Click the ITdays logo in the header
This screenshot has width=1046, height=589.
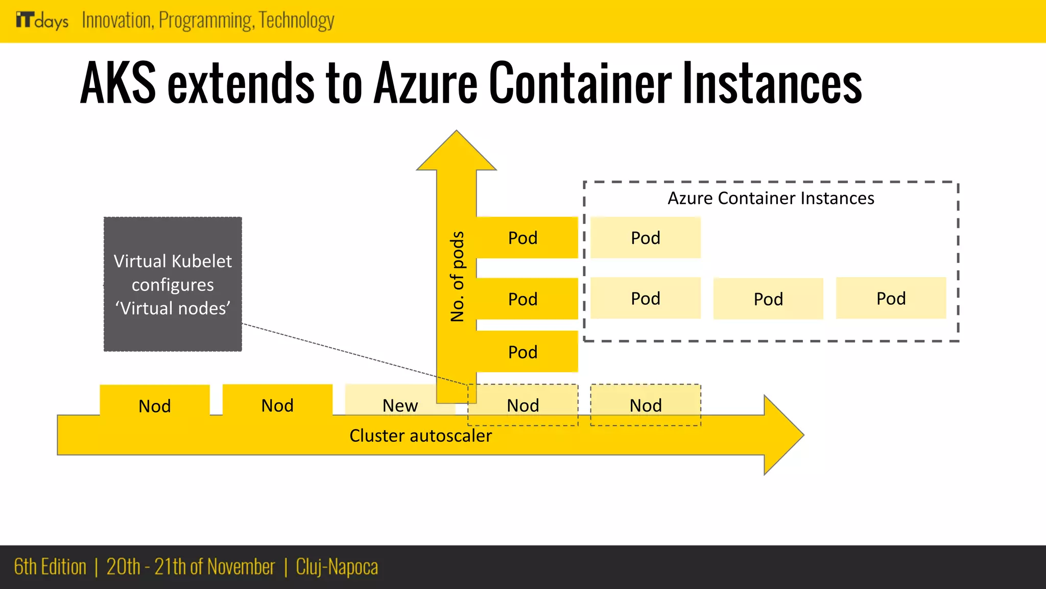tap(42, 20)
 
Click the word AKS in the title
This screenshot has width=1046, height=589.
tap(117, 83)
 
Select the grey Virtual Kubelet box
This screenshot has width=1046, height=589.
tap(173, 284)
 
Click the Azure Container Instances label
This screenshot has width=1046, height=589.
tap(771, 198)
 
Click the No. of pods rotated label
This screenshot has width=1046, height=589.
tap(457, 276)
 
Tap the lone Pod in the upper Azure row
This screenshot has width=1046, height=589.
tap(646, 238)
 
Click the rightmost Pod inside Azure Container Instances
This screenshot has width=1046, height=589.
tap(891, 298)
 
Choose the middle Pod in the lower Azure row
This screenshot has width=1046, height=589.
tap(768, 299)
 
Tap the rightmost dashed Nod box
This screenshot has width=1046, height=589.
tap(646, 405)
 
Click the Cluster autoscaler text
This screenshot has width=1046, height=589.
tap(420, 436)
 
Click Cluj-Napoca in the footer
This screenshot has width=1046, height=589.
tap(337, 567)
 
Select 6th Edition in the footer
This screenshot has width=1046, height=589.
tap(50, 567)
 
